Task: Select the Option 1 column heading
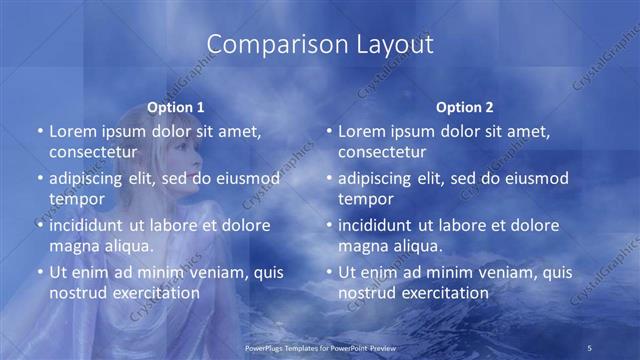coord(176,106)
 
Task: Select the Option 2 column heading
coord(465,106)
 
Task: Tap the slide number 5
coord(590,346)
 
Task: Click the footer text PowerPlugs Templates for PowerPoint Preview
coord(320,346)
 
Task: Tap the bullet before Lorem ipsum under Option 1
coord(39,131)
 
